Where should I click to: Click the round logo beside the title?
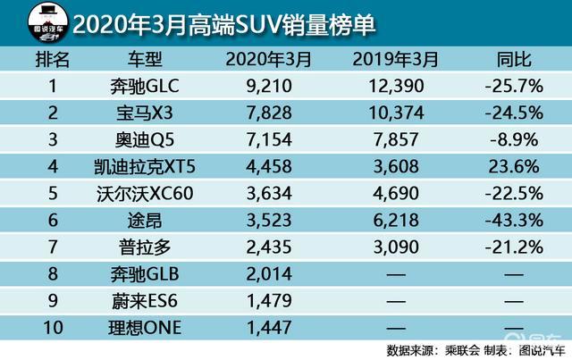[x=48, y=23]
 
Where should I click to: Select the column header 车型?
[x=145, y=60]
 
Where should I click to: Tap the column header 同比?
[x=514, y=60]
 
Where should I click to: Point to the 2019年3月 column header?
[x=396, y=60]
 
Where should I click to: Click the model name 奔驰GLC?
[x=145, y=87]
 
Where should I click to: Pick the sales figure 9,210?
[x=269, y=87]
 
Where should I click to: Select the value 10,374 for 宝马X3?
[x=396, y=113]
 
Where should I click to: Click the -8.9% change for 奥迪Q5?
[x=514, y=139]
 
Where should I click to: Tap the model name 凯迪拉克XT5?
[x=145, y=167]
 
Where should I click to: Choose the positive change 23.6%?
[x=514, y=167]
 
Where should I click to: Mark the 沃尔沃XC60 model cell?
[x=145, y=193]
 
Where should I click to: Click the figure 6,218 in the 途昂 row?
[x=396, y=221]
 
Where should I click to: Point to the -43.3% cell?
[x=514, y=221]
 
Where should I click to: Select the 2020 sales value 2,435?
[x=269, y=247]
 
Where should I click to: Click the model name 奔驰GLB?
[x=145, y=274]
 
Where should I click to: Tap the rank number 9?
[x=53, y=301]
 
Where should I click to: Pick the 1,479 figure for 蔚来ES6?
[x=269, y=301]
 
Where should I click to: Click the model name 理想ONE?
[x=145, y=328]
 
